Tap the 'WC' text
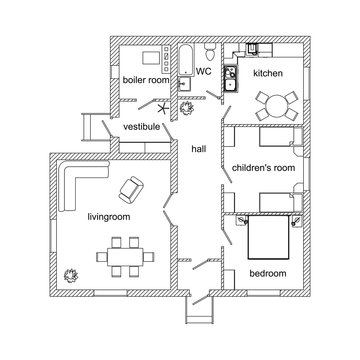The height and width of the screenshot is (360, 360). point(202,72)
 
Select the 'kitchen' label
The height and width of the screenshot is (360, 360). point(268,74)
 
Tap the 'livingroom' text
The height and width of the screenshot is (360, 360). point(111,215)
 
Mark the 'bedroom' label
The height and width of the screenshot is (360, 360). point(267,272)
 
